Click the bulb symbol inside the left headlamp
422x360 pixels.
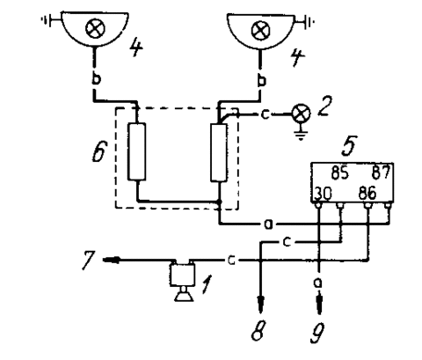(95, 28)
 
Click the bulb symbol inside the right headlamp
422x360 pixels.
(261, 31)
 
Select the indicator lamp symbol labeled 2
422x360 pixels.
(301, 114)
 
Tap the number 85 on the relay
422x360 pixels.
(340, 173)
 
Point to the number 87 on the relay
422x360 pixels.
(382, 173)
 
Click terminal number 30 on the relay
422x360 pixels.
(323, 194)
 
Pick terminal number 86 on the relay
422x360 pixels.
(367, 193)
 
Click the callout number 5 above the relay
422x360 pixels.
(350, 145)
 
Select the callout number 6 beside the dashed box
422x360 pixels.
(98, 151)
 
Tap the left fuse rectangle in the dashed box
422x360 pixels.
(136, 151)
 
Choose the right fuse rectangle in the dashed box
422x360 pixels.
(219, 152)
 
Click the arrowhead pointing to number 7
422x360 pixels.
(111, 260)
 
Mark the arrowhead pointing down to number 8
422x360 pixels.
(260, 303)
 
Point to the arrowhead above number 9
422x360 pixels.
(319, 301)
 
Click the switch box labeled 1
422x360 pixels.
(182, 275)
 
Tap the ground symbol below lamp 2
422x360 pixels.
(301, 135)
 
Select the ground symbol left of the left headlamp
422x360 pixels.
(47, 19)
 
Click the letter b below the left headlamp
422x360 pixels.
(96, 79)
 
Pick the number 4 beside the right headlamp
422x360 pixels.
(296, 57)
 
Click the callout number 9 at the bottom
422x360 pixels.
(317, 333)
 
